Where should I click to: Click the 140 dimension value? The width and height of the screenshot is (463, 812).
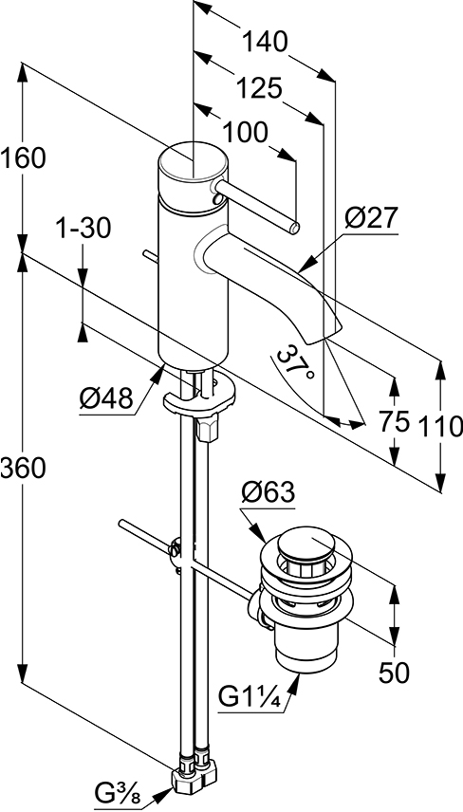(266, 42)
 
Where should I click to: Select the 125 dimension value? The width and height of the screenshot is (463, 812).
(258, 88)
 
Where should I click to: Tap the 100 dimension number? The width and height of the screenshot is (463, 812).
(245, 133)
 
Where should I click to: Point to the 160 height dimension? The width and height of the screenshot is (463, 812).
(23, 158)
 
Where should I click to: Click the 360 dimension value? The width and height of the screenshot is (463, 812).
(23, 469)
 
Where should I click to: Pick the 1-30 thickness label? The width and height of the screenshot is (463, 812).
(83, 229)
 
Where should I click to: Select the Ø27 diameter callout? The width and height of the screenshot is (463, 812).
(370, 219)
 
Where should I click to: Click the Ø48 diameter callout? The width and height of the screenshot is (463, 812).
(106, 399)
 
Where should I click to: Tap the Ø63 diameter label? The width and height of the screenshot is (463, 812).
(268, 492)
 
